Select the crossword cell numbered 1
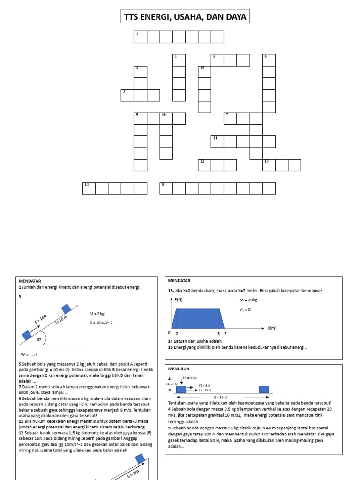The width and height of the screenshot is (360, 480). pyautogui.click(x=140, y=37)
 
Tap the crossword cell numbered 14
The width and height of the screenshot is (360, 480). pyautogui.click(x=89, y=188)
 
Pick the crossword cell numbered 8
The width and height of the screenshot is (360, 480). pyautogui.click(x=166, y=188)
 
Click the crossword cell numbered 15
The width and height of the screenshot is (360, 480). pyautogui.click(x=204, y=72)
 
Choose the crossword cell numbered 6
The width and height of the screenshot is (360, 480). pyautogui.click(x=269, y=60)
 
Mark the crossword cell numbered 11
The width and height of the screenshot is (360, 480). pyautogui.click(x=217, y=142)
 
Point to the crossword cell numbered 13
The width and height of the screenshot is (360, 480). pyautogui.click(x=269, y=165)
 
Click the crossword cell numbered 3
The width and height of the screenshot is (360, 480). pyautogui.click(x=127, y=95)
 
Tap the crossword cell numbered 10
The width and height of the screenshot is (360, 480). pyautogui.click(x=166, y=118)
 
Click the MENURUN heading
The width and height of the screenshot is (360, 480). pyautogui.click(x=178, y=368)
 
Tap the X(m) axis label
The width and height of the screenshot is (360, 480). pyautogui.click(x=273, y=328)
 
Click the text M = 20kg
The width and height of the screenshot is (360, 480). pyautogui.click(x=248, y=300)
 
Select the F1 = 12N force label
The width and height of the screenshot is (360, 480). pyautogui.click(x=190, y=377)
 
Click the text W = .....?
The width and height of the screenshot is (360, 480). pyautogui.click(x=30, y=354)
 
